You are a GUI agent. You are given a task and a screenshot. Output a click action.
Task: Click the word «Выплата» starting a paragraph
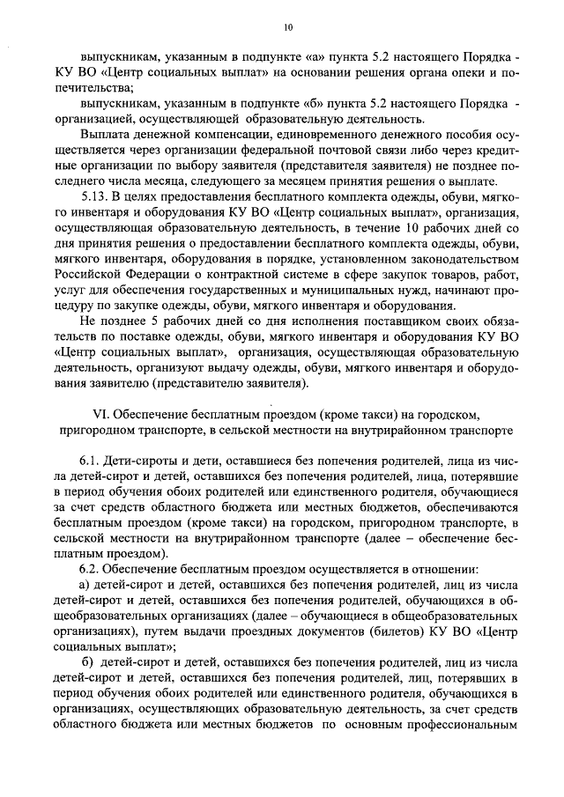[103, 135]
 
